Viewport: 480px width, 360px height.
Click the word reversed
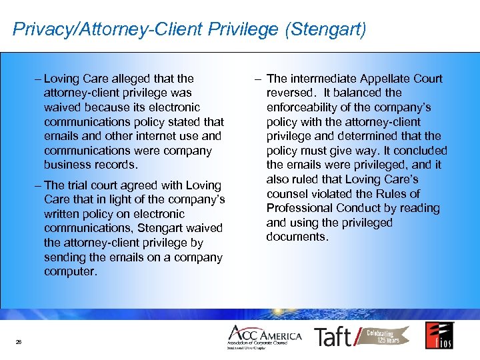[x=290, y=93]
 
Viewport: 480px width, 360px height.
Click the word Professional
[x=301, y=208]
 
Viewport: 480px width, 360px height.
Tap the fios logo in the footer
[x=439, y=335]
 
